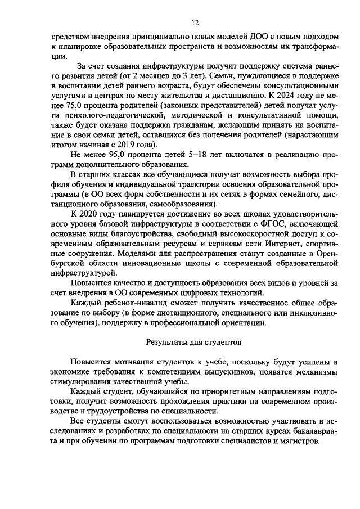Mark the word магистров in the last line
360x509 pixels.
click(x=300, y=440)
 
